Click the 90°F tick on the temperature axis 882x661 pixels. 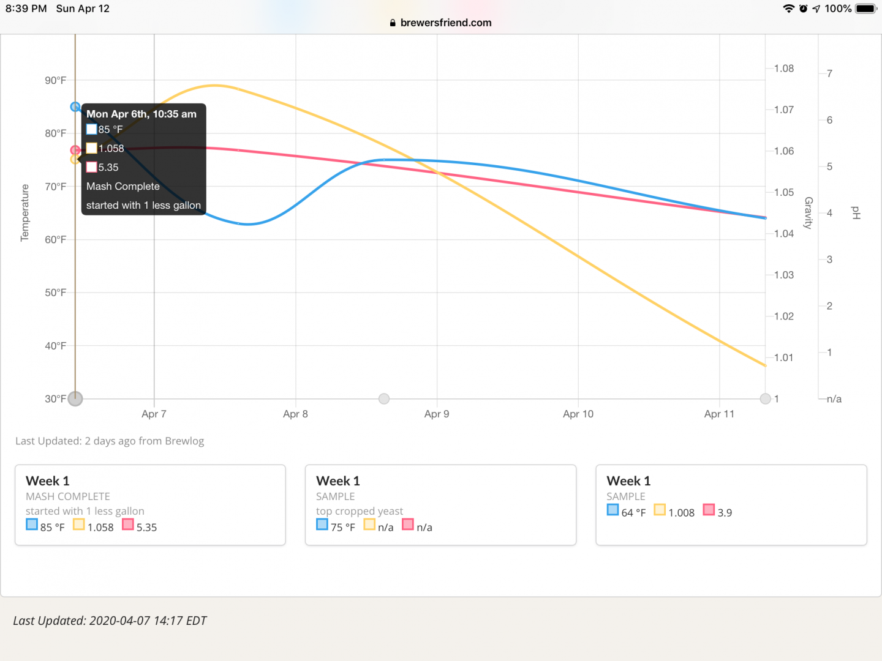tap(55, 81)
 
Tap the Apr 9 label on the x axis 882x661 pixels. tap(437, 414)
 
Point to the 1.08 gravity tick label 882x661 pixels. tap(784, 69)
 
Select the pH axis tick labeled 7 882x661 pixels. tap(829, 74)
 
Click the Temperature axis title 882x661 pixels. tap(25, 212)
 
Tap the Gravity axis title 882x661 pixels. tap(809, 212)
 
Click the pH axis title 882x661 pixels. tap(856, 212)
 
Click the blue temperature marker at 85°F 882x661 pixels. tap(75, 107)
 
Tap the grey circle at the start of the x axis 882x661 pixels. tap(75, 399)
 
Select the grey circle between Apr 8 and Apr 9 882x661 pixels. tap(384, 399)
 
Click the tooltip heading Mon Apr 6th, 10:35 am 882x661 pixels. tap(141, 114)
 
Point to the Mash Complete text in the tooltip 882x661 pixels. tap(123, 187)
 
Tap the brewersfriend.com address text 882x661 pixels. tap(446, 23)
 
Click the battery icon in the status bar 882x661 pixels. tap(866, 9)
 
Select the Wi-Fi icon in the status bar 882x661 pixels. tap(788, 9)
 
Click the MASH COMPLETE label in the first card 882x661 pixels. tap(68, 496)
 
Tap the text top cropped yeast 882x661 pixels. tap(360, 511)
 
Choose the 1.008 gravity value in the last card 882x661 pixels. tap(681, 513)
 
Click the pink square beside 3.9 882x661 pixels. tap(709, 510)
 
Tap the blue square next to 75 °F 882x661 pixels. tap(322, 525)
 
